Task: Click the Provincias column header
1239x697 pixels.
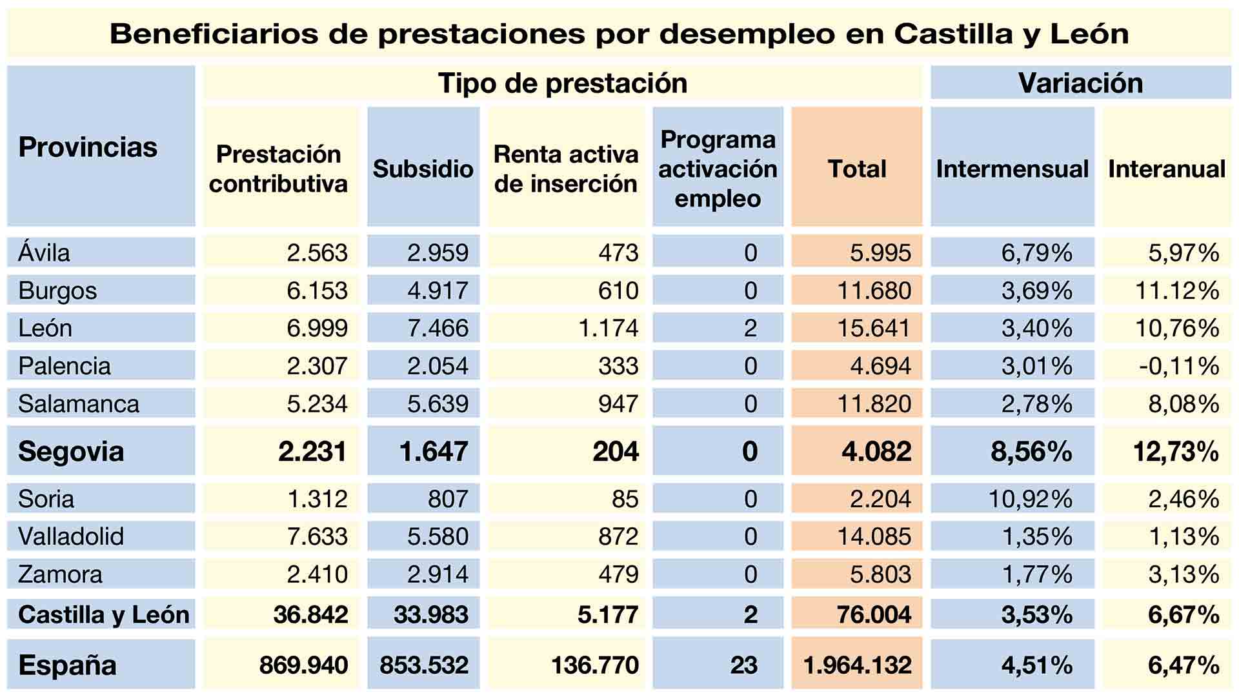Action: tap(88, 147)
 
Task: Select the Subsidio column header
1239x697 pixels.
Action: tap(423, 168)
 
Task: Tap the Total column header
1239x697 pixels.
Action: tap(856, 168)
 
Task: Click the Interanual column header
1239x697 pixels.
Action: tap(1166, 168)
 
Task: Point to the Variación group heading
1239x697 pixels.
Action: tap(1080, 83)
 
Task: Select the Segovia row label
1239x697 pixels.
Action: tap(71, 451)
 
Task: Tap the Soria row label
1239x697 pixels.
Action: tap(46, 499)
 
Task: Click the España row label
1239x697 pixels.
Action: tap(67, 665)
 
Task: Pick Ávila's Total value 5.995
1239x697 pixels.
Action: tap(880, 252)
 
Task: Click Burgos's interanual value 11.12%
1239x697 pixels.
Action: tap(1176, 290)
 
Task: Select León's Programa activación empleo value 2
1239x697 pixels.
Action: tap(750, 328)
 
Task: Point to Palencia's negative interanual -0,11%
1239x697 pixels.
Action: tap(1178, 366)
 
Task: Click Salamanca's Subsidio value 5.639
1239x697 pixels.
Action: tap(438, 404)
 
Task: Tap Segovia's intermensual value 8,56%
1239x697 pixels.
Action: tap(1031, 451)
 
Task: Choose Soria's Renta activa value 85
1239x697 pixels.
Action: tap(625, 499)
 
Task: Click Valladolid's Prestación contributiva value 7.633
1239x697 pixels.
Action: tap(317, 536)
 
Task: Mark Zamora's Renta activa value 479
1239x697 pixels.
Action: tap(618, 574)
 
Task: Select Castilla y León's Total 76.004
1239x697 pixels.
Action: tap(874, 614)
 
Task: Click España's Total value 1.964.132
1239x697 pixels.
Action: tap(857, 665)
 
